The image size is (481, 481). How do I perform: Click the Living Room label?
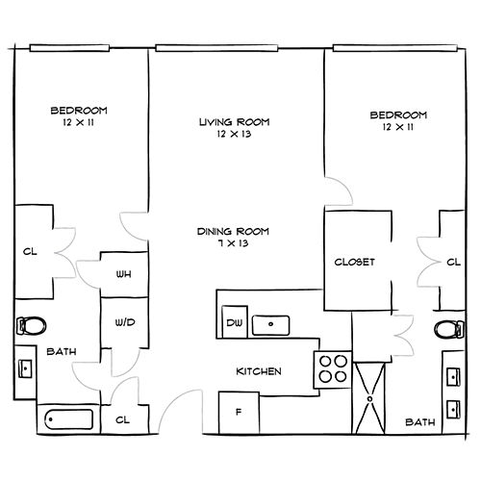tap(235, 122)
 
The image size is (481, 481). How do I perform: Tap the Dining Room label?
tap(233, 231)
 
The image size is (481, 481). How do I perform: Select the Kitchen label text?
tap(259, 371)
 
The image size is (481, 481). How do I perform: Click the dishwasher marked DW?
tap(235, 322)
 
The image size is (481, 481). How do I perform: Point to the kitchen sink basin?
tap(271, 325)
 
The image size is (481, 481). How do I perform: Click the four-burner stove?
tap(333, 370)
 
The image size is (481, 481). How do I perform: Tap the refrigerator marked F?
tap(239, 413)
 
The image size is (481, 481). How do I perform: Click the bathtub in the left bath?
tap(69, 419)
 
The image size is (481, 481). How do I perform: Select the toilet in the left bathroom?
tap(31, 326)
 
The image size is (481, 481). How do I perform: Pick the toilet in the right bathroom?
tap(449, 329)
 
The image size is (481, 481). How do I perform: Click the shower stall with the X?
tap(369, 398)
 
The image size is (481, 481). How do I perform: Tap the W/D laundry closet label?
tap(125, 322)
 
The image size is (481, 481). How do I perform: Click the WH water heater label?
tap(124, 274)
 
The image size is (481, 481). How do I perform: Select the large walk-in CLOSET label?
tap(354, 262)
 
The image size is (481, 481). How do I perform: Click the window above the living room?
tap(216, 48)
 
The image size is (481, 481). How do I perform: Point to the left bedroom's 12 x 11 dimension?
tap(79, 122)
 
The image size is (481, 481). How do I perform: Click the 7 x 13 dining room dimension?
tap(234, 243)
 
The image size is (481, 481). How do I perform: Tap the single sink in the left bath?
tap(25, 368)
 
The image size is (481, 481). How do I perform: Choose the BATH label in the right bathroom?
tap(420, 422)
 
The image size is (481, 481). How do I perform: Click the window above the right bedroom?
tap(395, 48)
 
